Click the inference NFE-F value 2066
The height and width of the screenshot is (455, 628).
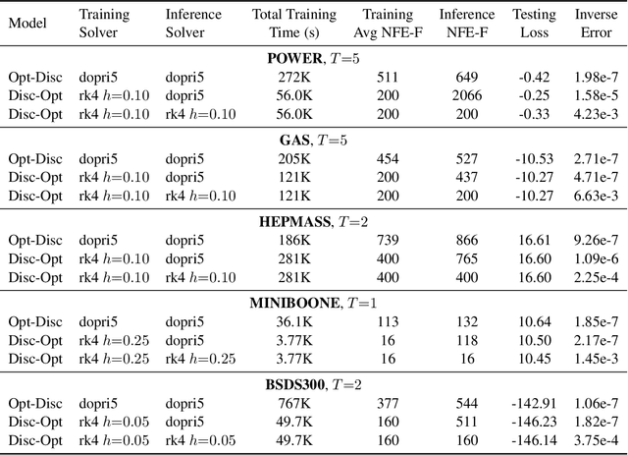click(x=466, y=95)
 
